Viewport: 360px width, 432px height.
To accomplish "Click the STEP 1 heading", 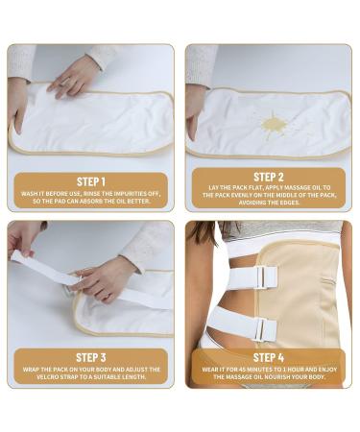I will [x=91, y=179].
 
